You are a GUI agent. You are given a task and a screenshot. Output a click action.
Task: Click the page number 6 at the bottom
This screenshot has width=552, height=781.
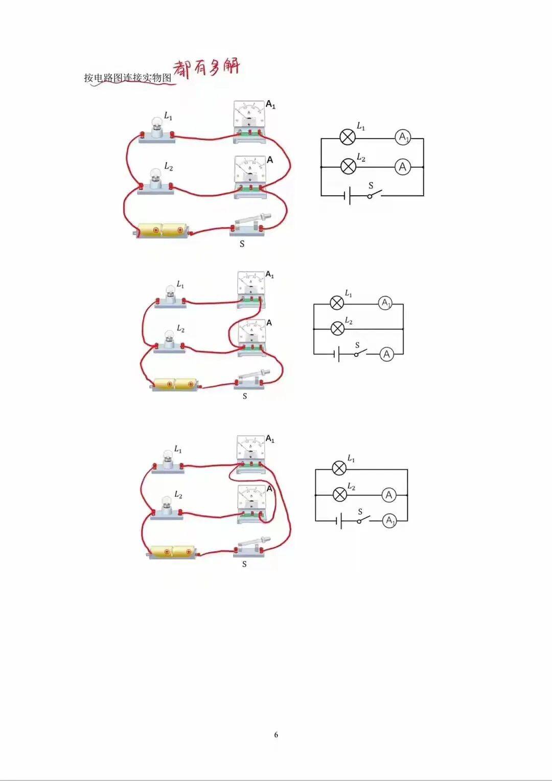[x=276, y=734]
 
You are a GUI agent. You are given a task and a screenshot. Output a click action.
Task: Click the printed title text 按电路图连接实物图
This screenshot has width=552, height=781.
[x=128, y=77]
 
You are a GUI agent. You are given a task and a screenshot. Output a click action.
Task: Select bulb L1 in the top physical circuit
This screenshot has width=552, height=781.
[x=156, y=130]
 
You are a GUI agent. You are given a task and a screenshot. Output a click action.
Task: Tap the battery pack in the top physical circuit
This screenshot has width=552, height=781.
[x=162, y=231]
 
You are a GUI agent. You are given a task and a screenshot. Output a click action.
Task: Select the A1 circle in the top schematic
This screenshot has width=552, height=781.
[x=403, y=137]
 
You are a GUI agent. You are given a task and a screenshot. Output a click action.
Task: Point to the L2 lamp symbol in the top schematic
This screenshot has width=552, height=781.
[x=348, y=166]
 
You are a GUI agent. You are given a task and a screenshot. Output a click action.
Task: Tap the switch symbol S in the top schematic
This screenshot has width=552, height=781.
[x=374, y=194]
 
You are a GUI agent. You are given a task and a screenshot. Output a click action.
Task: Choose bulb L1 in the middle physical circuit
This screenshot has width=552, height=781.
[x=170, y=296]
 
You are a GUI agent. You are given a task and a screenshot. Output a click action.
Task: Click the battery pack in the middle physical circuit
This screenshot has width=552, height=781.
[x=175, y=384]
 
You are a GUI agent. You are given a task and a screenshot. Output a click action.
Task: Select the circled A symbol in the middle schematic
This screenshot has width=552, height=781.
[x=386, y=354]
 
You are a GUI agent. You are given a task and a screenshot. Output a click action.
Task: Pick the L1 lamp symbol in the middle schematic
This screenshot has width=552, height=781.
[x=337, y=303]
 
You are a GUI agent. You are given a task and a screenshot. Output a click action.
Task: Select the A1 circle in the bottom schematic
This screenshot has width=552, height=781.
[x=389, y=521]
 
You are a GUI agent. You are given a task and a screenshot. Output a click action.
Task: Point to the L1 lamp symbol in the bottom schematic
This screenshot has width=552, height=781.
[x=339, y=468]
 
